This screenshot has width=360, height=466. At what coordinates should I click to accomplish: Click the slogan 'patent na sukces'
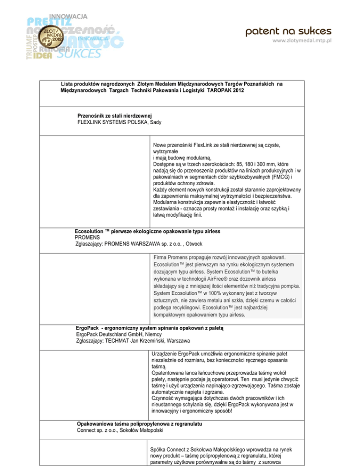[x=289, y=31]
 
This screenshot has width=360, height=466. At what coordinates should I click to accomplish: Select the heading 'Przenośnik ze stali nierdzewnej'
[x=115, y=115]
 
